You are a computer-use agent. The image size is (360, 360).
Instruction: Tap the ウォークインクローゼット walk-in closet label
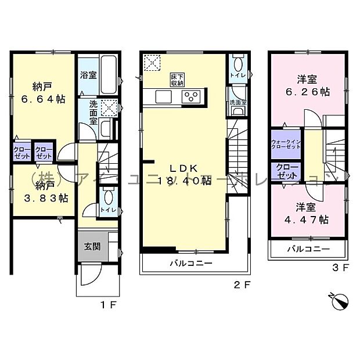[285, 144]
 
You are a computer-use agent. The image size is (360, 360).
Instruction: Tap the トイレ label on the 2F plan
[237, 75]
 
